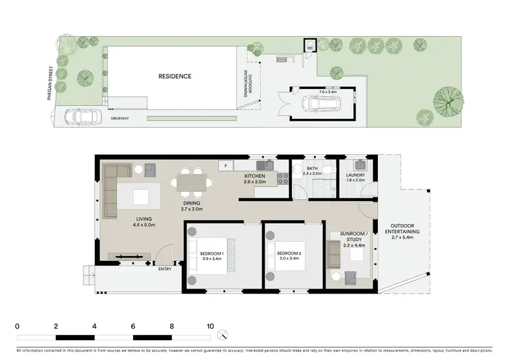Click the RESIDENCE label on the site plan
click(x=174, y=77)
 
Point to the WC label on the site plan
click(x=309, y=48)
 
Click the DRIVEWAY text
click(x=121, y=118)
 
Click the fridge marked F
click(x=225, y=165)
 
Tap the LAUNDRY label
click(x=355, y=175)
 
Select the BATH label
click(x=312, y=169)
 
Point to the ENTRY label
click(x=166, y=269)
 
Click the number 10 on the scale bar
click(x=210, y=326)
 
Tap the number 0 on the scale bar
click(x=17, y=326)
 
